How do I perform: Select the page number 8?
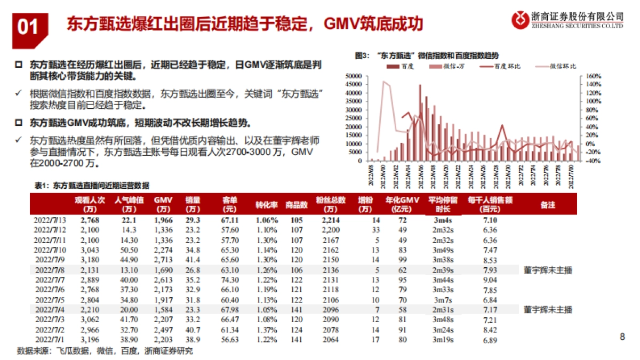pyautogui.click(x=622, y=337)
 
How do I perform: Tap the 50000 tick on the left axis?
pyautogui.click(x=354, y=77)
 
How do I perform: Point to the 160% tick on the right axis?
pyautogui.click(x=594, y=77)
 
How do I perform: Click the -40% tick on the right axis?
pyautogui.click(x=594, y=161)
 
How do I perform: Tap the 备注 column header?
pyautogui.click(x=548, y=205)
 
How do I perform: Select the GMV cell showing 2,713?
pyautogui.click(x=163, y=260)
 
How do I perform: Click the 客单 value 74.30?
pyautogui.click(x=230, y=280)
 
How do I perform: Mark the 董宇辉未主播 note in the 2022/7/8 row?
pyautogui.click(x=548, y=270)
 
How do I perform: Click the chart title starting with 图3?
pyautogui.click(x=427, y=55)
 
